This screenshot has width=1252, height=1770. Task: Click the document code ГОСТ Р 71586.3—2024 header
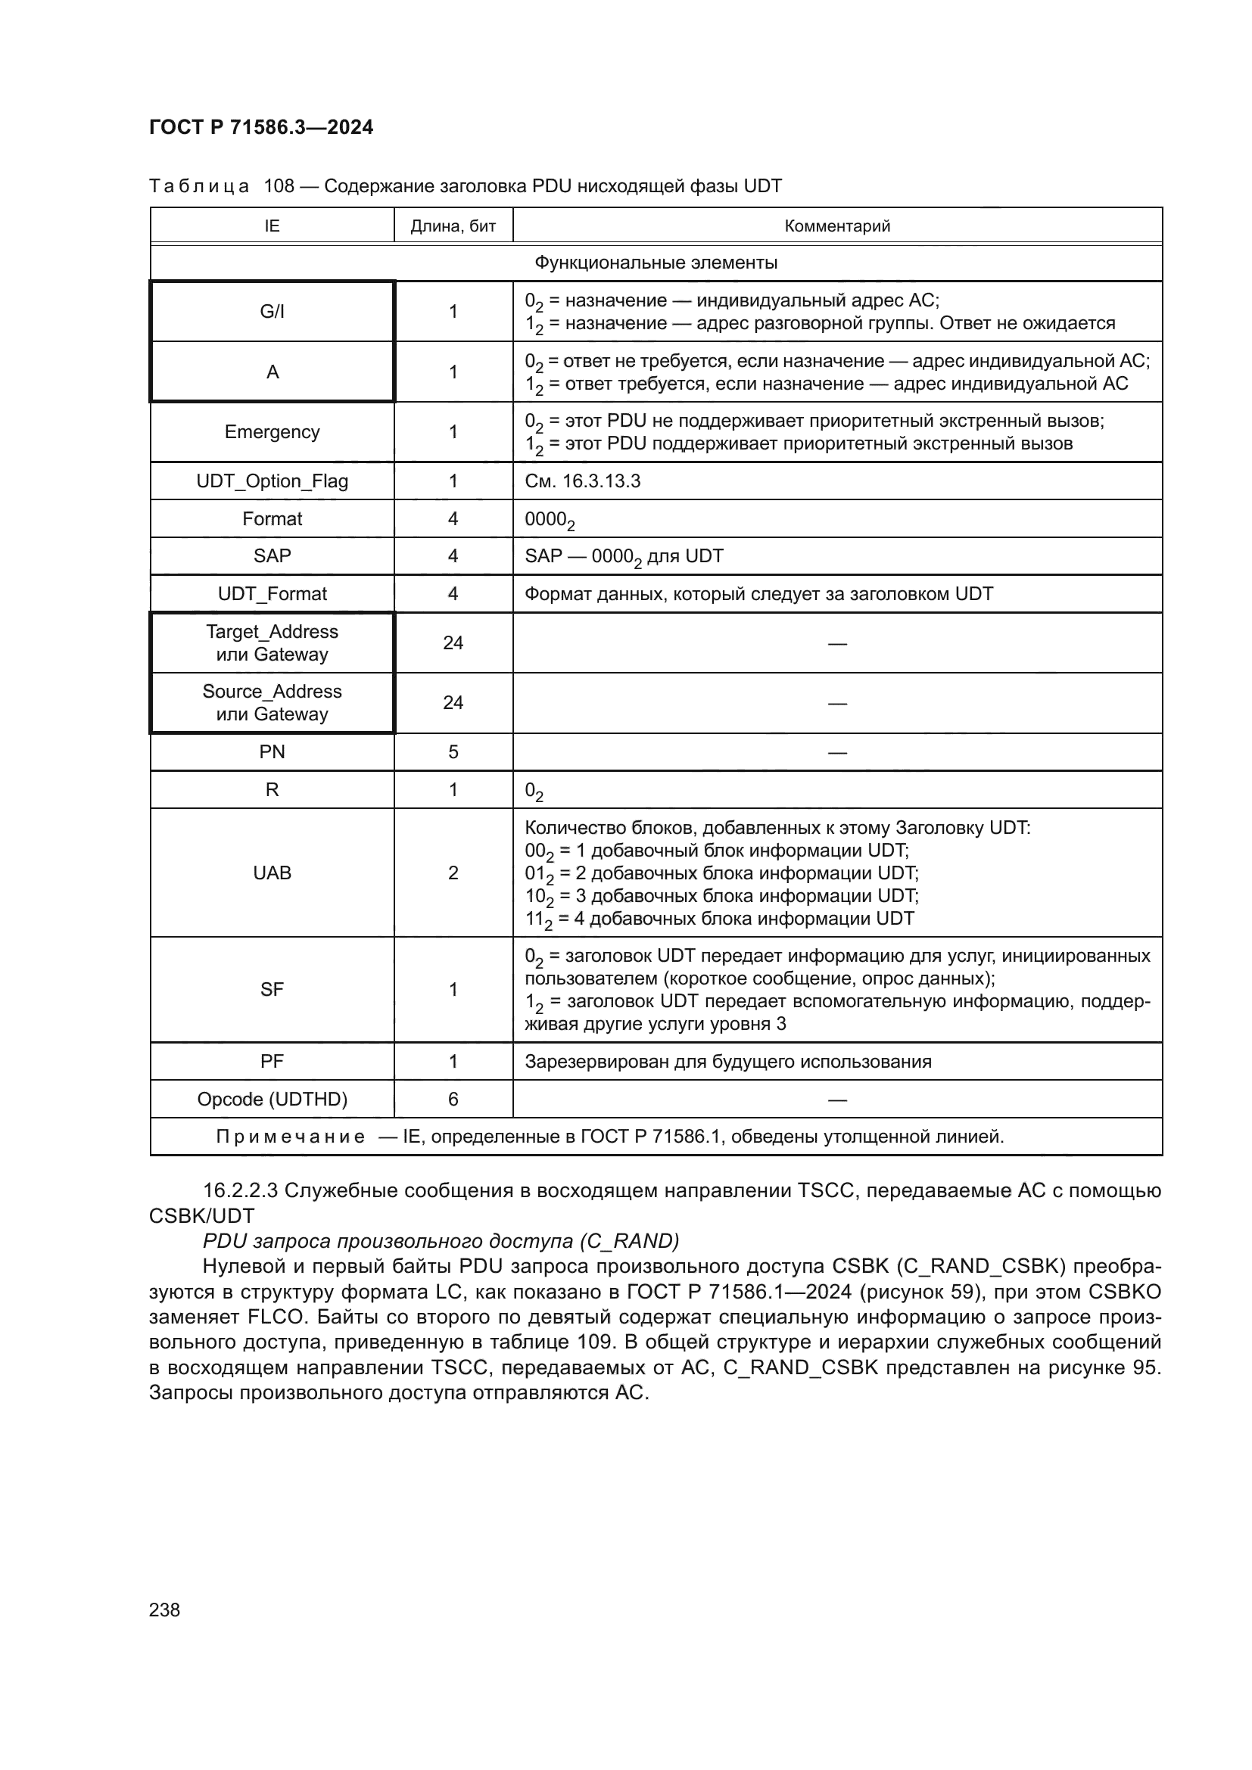coord(260,127)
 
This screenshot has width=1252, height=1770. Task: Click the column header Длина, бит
coord(453,226)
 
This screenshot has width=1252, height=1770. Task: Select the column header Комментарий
coord(837,226)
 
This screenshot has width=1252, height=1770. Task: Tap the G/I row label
coord(273,312)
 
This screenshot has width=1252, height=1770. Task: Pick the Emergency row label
coord(273,431)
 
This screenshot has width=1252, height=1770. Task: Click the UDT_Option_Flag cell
coord(273,481)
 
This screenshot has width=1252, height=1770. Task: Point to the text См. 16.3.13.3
coord(582,481)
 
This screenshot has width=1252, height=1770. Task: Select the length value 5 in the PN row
coord(453,751)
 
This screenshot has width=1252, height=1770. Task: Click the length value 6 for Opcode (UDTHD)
coord(453,1100)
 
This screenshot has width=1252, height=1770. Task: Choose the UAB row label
coord(273,873)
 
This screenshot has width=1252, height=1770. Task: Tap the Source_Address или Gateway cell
coord(273,703)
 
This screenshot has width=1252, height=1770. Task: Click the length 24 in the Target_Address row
coord(453,643)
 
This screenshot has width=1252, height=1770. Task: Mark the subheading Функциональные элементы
coord(656,263)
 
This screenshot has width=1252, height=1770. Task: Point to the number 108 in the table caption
coord(279,186)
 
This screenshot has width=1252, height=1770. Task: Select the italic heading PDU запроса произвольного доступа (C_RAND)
coord(441,1241)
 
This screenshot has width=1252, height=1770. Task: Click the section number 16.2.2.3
coord(240,1190)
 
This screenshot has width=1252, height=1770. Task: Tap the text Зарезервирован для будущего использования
coord(727,1062)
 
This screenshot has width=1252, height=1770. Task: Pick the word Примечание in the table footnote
coord(290,1137)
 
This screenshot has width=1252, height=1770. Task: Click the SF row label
coord(273,989)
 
